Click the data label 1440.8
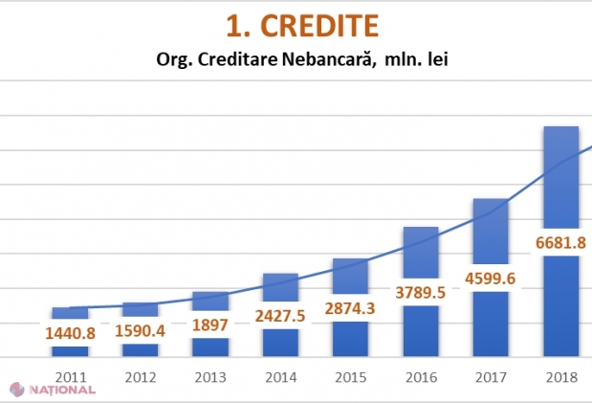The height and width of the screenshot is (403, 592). (70, 334)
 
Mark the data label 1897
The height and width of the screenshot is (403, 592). (209, 324)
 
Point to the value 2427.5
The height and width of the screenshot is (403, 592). (280, 316)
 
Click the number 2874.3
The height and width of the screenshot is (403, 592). (350, 308)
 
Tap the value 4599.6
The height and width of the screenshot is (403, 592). (491, 279)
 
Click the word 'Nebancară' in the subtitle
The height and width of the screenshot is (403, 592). (325, 59)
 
